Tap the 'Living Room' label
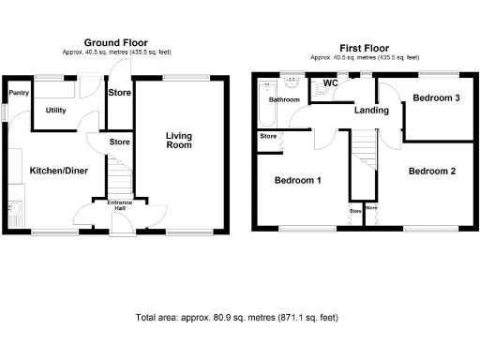click(179, 140)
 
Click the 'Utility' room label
click(56, 111)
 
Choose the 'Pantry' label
click(17, 93)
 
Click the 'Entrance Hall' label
click(120, 205)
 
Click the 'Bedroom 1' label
click(298, 180)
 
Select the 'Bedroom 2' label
click(432, 171)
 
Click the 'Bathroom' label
click(284, 99)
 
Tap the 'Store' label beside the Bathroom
click(268, 137)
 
